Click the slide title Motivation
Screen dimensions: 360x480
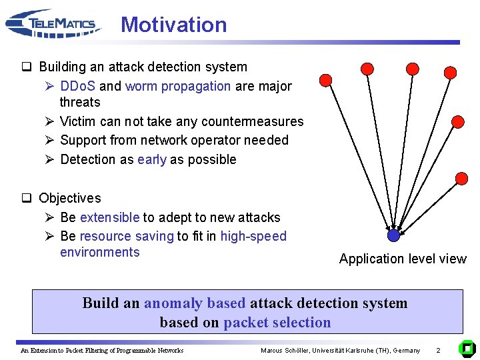coord(173,25)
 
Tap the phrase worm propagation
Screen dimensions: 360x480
coord(177,86)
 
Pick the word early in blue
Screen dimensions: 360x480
coord(151,159)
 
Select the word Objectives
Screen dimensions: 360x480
coord(70,198)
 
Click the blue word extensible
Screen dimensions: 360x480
coord(109,217)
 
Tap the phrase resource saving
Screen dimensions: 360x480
coord(126,236)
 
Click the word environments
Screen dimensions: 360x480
coord(99,252)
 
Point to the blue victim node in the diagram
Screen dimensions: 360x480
coord(393,235)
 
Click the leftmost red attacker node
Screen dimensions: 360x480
coord(325,81)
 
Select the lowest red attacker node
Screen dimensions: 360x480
coord(461,178)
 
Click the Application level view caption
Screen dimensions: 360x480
coord(403,259)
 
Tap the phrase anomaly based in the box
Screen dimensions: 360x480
coord(195,303)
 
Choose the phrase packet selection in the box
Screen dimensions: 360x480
coord(277,323)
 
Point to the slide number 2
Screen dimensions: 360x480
coord(438,350)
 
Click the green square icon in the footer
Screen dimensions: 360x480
coord(467,348)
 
